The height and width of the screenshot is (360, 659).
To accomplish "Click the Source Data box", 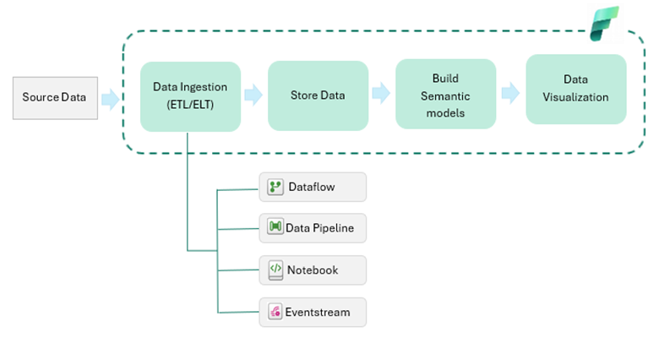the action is (x=55, y=98).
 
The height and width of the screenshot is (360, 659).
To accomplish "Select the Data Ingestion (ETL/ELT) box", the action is (x=190, y=96).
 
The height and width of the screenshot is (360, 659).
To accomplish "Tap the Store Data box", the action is (x=319, y=95).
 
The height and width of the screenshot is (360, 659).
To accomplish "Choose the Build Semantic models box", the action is (x=445, y=94).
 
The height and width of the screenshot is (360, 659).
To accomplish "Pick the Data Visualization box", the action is (x=576, y=90).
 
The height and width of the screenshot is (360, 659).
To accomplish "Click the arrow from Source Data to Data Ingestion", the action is (x=111, y=99).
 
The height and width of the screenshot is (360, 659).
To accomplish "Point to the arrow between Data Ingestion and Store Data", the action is (x=253, y=95).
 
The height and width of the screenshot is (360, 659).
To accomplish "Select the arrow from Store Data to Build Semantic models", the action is (x=381, y=93).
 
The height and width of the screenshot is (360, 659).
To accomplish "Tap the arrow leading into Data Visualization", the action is (x=510, y=93).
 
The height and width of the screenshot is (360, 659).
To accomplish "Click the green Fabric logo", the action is (x=604, y=24).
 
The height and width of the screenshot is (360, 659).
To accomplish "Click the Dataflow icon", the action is (x=275, y=187).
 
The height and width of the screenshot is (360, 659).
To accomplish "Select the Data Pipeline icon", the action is (x=275, y=226).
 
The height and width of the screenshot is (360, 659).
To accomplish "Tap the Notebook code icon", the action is (x=275, y=270).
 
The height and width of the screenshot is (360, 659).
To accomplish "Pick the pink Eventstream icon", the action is (x=275, y=312).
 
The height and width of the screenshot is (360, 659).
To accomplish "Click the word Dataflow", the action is (x=312, y=187).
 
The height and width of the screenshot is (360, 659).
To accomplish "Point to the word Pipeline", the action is (x=333, y=228).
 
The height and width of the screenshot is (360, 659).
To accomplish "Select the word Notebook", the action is (x=313, y=270).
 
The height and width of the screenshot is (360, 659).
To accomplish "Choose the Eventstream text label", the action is (x=318, y=313).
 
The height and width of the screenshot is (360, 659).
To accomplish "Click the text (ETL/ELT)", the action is (x=190, y=105).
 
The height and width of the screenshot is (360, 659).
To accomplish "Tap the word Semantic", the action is (x=445, y=96).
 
